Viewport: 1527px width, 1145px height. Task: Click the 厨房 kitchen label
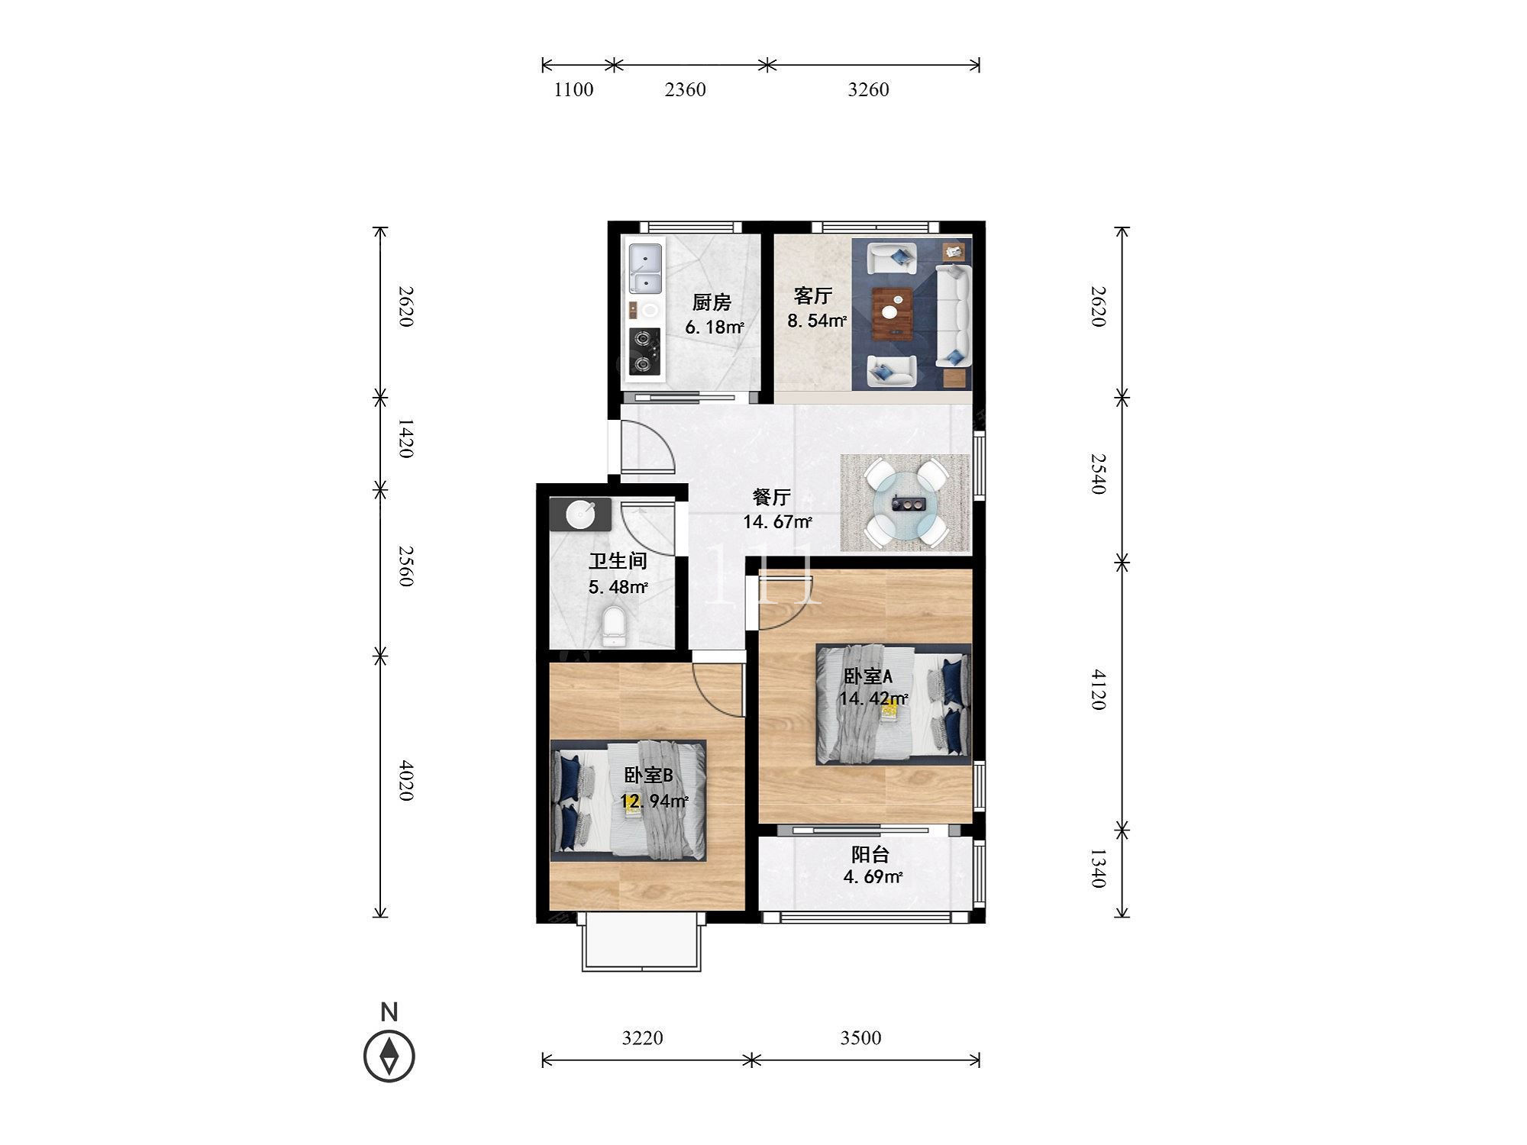coord(712,303)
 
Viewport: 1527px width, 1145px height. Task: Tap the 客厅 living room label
coord(812,295)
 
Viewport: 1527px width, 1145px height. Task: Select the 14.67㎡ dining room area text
coord(777,522)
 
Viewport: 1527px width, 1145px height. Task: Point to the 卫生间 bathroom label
coord(618,562)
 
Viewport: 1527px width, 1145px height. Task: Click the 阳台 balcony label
coord(870,855)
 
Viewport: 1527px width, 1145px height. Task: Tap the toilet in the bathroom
coord(612,625)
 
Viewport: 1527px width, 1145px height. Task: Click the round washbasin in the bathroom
coord(581,514)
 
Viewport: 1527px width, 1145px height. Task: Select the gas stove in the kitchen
coord(645,351)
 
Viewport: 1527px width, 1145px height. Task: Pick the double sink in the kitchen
coord(646,269)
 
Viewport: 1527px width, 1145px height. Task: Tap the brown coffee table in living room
coord(893,311)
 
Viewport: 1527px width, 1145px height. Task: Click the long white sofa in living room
coord(953,315)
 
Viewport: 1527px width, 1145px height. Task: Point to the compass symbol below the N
coord(389,1056)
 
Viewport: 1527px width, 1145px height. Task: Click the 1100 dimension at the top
coord(573,90)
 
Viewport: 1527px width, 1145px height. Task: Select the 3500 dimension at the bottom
coord(860,1038)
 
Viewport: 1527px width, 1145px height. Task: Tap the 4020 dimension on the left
coord(406,780)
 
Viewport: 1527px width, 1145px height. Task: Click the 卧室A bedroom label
coord(868,676)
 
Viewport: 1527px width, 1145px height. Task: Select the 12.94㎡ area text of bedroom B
coord(654,801)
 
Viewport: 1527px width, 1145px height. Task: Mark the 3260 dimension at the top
coord(868,90)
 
